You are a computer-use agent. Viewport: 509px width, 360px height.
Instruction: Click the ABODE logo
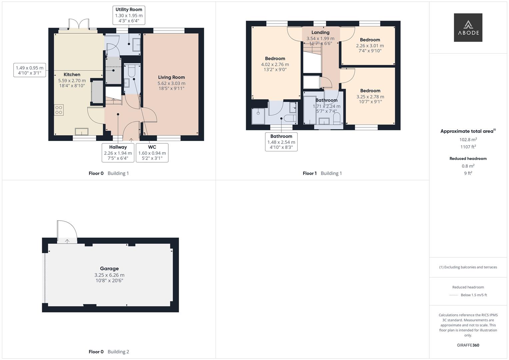click(468, 28)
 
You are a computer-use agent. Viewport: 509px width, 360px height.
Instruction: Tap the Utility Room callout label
click(129, 15)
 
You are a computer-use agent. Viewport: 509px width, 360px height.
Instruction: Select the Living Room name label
click(171, 77)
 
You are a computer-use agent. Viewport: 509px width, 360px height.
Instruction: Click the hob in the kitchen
click(59, 110)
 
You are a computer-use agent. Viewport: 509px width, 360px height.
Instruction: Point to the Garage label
click(109, 269)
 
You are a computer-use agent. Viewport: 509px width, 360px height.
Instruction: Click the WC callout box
click(152, 153)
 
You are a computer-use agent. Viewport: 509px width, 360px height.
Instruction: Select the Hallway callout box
click(118, 153)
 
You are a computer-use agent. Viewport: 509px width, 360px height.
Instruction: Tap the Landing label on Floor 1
click(320, 32)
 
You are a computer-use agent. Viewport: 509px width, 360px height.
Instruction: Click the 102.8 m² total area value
click(468, 140)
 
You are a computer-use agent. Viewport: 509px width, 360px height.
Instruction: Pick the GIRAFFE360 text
click(468, 345)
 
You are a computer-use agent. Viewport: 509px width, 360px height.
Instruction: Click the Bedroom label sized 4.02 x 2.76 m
click(275, 59)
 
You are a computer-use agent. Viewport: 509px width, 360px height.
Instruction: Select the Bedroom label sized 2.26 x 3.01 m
click(370, 40)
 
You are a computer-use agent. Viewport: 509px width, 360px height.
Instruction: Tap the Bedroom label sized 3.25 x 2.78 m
click(370, 91)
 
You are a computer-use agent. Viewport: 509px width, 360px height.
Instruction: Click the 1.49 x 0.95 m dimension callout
click(30, 70)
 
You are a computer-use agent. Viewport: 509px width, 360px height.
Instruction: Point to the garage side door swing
click(67, 231)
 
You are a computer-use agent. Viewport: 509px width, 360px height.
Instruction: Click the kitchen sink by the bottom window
click(82, 131)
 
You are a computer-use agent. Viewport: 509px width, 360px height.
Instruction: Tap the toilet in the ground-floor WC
click(131, 71)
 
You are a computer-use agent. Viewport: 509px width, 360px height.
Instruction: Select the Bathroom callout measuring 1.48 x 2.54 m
click(281, 142)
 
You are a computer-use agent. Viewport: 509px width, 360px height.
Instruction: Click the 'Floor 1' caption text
click(310, 173)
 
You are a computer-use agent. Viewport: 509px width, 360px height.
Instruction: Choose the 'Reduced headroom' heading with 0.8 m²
click(468, 159)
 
